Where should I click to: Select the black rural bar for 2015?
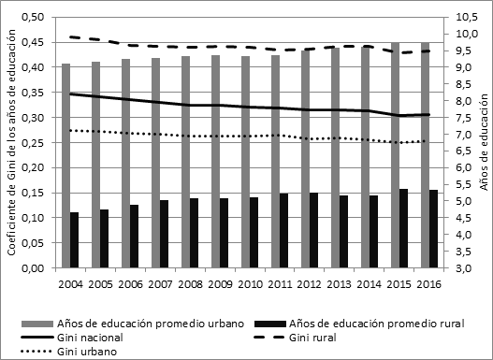tap(403, 228)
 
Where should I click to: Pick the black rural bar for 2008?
tap(194, 233)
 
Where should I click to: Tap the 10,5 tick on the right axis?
tap(464, 17)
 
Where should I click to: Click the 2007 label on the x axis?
tap(160, 282)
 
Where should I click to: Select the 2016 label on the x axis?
tap(429, 282)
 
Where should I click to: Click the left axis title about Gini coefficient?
tap(11, 142)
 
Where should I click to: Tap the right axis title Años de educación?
tap(484, 142)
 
